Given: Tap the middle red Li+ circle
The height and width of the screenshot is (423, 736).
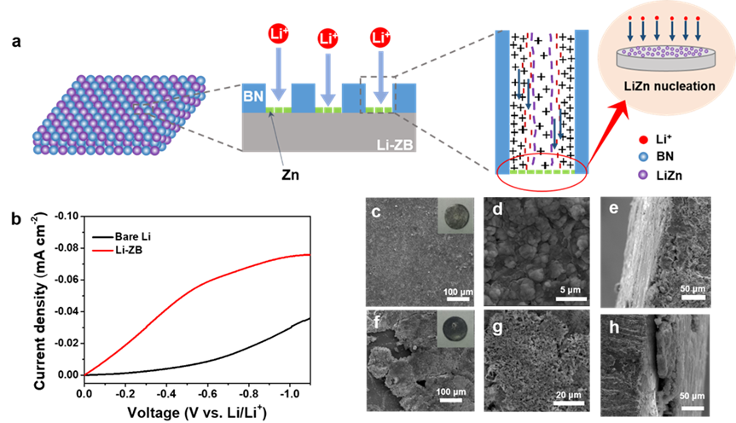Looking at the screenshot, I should click(x=327, y=39).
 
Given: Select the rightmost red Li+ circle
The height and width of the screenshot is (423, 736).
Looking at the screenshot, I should click(x=380, y=38).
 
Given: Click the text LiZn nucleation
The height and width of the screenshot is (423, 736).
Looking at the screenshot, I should click(x=668, y=87).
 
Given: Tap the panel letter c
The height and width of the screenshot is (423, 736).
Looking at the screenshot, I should click(x=374, y=212).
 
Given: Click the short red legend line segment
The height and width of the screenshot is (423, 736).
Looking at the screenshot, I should click(x=103, y=251).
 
